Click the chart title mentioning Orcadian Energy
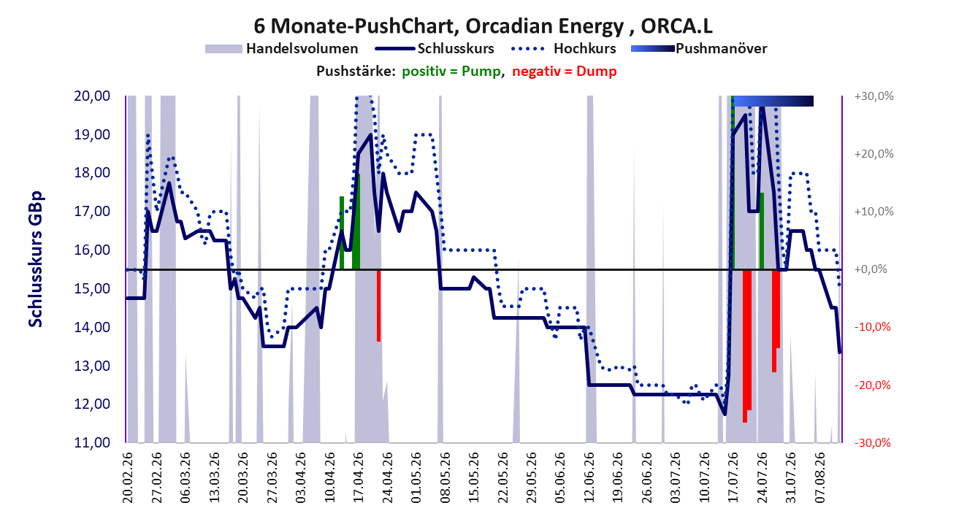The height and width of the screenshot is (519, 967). [x=483, y=26]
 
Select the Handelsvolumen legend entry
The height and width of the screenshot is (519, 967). [x=281, y=49]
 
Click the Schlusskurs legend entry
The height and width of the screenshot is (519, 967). [x=435, y=49]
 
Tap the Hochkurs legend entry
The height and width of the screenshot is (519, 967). [x=563, y=49]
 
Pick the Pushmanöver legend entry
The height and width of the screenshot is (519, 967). [x=699, y=49]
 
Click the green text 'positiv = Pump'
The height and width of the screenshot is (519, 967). [x=451, y=72]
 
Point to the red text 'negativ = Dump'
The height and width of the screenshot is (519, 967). [x=565, y=72]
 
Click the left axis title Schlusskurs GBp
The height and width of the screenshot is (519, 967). [x=35, y=259]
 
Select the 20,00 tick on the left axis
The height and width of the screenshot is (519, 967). [x=92, y=96]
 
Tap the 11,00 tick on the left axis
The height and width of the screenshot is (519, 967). [x=92, y=442]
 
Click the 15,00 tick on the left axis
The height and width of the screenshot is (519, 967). [x=92, y=288]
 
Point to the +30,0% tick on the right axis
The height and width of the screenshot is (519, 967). [x=874, y=96]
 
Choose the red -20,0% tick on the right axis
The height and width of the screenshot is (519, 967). [x=873, y=385]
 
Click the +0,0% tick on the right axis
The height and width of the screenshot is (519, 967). [x=871, y=269]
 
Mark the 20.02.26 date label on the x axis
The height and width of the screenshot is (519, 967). [x=128, y=477]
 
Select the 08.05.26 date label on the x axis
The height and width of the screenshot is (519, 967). [x=445, y=477]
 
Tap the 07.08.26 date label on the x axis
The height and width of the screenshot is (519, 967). [x=819, y=477]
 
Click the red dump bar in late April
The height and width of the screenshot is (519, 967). [x=378, y=306]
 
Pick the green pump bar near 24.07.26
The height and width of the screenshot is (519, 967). [x=762, y=231]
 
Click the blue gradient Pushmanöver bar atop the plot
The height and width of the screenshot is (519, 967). [x=773, y=101]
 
